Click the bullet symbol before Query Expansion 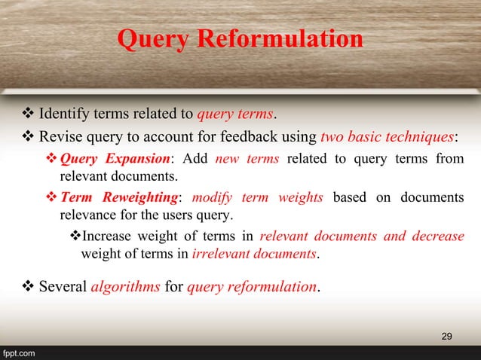[x=52, y=159]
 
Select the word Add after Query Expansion [x=191, y=159]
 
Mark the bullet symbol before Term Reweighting [x=52, y=198]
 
